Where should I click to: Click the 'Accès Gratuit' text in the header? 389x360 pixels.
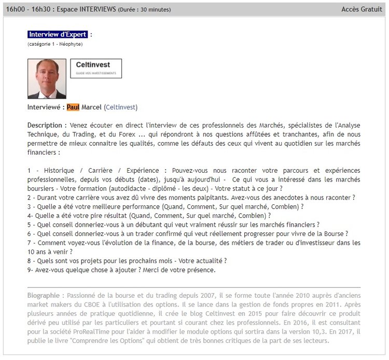click(x=362, y=9)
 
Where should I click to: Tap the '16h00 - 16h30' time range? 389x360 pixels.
click(x=28, y=9)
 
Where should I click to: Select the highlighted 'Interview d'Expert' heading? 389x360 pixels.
click(x=58, y=34)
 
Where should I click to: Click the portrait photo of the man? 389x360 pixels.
click(x=47, y=78)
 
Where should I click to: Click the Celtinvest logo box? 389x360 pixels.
click(x=95, y=68)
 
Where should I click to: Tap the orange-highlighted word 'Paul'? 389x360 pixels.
click(x=73, y=107)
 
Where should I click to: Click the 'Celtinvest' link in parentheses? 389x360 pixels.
click(x=120, y=107)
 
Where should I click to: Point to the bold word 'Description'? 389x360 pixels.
click(x=45, y=126)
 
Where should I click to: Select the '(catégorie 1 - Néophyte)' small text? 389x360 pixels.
click(x=55, y=44)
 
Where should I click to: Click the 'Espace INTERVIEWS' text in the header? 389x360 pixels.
click(x=86, y=9)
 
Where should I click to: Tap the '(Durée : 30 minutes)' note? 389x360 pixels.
click(x=144, y=10)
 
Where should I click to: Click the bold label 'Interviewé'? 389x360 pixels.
click(x=46, y=107)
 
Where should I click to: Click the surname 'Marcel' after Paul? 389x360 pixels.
click(x=91, y=107)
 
